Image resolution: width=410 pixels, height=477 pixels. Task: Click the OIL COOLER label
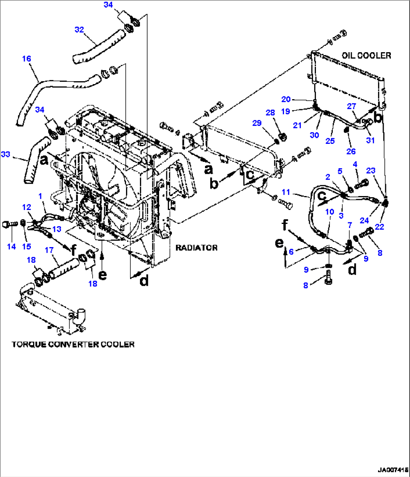(366, 56)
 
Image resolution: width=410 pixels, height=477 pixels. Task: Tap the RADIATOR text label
(196, 248)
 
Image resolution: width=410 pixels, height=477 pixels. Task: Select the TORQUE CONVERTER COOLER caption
(73, 344)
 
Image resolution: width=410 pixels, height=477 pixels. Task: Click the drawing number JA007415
(393, 470)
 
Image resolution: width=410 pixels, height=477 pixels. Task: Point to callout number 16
(26, 59)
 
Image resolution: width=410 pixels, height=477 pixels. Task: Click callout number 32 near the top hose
(79, 30)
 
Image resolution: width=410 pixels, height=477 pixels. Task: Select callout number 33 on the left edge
(5, 154)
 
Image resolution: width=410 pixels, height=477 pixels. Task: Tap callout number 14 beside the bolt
(11, 246)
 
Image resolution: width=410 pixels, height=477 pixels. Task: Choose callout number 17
(49, 250)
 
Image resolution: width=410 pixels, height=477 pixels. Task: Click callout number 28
(270, 113)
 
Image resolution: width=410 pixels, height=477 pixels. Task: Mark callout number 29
(257, 123)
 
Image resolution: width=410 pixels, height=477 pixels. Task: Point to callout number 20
(286, 99)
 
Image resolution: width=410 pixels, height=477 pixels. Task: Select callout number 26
(351, 151)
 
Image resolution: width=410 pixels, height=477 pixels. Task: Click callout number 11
(286, 192)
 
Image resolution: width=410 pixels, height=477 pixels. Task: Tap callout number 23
(371, 171)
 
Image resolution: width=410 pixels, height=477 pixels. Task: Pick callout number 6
(291, 252)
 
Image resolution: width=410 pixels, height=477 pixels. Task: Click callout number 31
(370, 140)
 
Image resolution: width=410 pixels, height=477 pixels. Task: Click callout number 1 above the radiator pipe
(40, 196)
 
